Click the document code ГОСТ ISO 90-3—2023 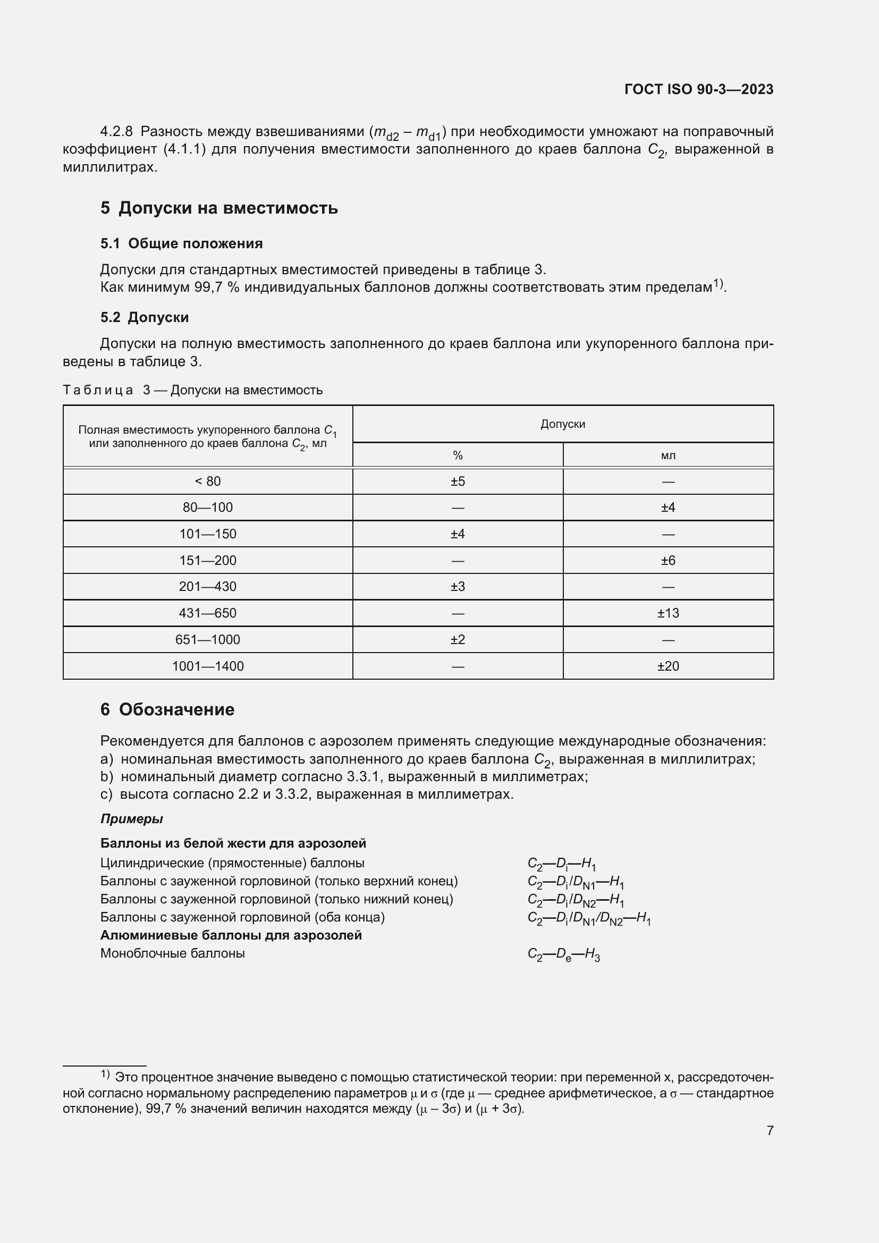pos(698,89)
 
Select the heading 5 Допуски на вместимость pos(218,208)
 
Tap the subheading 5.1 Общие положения pos(181,243)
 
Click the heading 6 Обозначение pos(167,709)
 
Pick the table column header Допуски pos(562,424)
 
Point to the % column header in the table pos(458,455)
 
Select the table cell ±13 pos(668,613)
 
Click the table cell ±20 pos(668,666)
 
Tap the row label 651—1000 pos(207,639)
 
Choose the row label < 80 pos(207,481)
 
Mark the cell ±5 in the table pos(458,481)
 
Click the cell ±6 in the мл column pos(668,560)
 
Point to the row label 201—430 pos(207,586)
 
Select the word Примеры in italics pos(131,818)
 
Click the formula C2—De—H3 pos(563,954)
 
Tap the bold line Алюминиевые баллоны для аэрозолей pos(231,935)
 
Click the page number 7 pos(770,1130)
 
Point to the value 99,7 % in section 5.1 pos(216,287)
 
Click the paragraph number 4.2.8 pos(116,132)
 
